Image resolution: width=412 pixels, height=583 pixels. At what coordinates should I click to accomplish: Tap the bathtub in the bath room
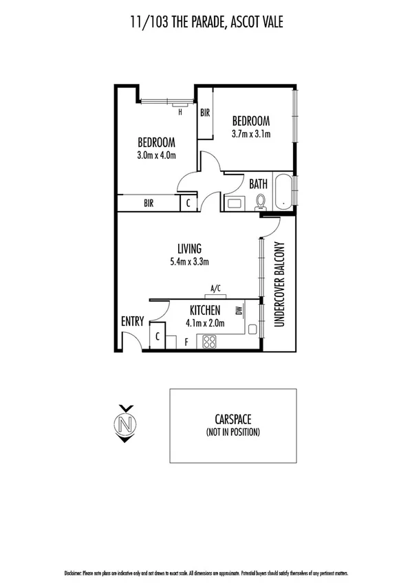[x=282, y=191]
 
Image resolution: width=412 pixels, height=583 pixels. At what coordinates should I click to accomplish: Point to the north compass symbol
[x=124, y=423]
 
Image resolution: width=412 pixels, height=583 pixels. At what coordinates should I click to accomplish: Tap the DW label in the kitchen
[x=238, y=311]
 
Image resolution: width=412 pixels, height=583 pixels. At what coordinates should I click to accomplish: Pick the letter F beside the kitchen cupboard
[x=175, y=341]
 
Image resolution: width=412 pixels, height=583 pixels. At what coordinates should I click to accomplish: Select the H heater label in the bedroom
[x=180, y=111]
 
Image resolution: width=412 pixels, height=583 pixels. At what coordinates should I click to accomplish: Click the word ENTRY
[x=132, y=322]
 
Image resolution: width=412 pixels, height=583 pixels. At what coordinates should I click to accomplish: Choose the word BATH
[x=258, y=184]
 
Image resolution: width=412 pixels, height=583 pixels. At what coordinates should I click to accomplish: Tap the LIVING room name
[x=189, y=248]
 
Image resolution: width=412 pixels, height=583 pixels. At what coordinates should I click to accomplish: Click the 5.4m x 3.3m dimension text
[x=189, y=261]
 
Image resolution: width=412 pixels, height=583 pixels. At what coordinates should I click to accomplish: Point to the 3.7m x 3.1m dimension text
[x=250, y=134]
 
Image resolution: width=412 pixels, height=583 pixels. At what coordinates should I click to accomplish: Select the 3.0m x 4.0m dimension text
[x=156, y=155]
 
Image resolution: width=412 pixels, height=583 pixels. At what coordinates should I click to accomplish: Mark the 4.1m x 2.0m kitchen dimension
[x=205, y=322]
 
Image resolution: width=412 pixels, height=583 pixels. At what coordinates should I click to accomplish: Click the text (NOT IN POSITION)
[x=232, y=432]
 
